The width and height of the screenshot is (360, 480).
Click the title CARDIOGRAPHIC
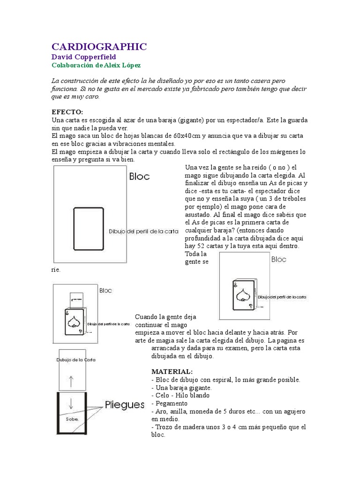coord(98,46)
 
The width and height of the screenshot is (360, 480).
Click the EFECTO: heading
coord(67,112)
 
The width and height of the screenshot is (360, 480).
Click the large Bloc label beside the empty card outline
coord(139,177)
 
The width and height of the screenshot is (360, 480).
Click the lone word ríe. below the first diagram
coord(56,270)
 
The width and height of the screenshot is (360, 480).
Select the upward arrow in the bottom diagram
coord(71,381)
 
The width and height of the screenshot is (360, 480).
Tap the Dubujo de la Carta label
coord(75,360)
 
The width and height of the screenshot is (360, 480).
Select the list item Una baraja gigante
coord(181,387)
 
